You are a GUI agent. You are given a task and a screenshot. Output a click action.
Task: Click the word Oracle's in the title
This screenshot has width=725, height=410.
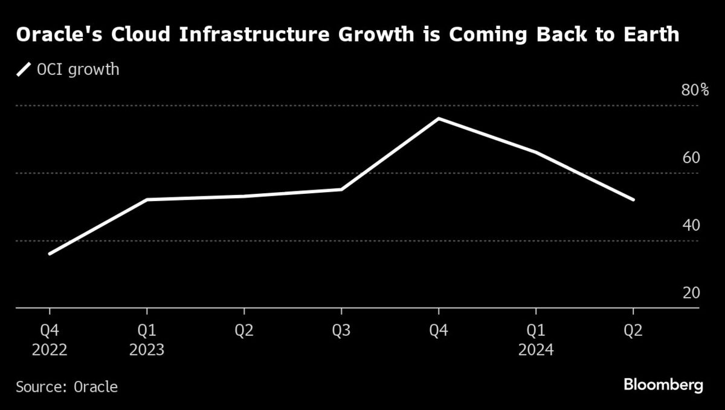[54, 35]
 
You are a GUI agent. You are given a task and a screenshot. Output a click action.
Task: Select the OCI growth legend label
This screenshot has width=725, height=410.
[78, 70]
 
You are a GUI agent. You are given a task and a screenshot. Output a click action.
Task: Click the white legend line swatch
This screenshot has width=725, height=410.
[24, 70]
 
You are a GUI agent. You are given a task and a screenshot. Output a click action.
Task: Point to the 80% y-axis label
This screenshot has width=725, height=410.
[695, 91]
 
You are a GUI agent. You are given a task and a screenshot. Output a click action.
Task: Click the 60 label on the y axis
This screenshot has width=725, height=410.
[691, 158]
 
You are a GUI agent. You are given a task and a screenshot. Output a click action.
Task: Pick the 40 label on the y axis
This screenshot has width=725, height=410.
[691, 226]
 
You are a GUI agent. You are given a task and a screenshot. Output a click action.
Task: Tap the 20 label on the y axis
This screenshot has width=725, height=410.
[691, 293]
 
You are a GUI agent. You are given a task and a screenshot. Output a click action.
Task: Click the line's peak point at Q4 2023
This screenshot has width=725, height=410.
[439, 118]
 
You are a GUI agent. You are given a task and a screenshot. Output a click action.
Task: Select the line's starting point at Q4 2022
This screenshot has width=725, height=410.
[50, 254]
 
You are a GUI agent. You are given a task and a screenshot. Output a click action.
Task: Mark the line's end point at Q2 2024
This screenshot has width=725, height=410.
[633, 200]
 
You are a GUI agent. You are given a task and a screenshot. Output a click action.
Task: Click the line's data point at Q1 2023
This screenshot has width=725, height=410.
[147, 200]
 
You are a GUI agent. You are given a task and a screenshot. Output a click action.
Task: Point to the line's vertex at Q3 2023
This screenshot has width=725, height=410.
[341, 190]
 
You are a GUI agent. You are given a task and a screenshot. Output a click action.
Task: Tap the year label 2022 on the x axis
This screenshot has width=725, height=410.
[50, 350]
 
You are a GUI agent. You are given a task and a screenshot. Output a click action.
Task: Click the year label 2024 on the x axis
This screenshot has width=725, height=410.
[536, 350]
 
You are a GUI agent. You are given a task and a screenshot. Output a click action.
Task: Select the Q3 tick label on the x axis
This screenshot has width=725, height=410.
[341, 332]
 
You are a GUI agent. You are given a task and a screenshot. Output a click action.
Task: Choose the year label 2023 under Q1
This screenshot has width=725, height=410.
[147, 350]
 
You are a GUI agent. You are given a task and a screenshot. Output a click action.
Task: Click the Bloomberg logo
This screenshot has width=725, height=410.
[663, 385]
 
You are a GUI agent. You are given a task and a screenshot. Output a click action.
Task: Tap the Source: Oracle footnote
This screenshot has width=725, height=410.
[67, 386]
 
